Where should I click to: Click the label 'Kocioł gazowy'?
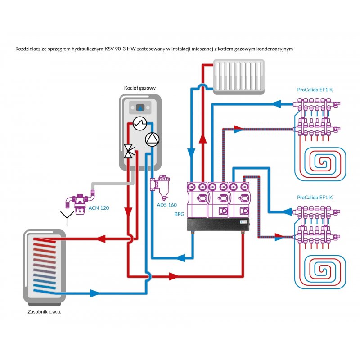(x=139, y=88)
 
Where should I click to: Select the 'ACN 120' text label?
(x=99, y=208)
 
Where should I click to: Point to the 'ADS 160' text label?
(x=166, y=205)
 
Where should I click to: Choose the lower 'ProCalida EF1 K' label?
(x=315, y=198)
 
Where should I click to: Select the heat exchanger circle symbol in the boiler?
(x=139, y=122)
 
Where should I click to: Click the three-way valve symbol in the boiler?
(x=130, y=151)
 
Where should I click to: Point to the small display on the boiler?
(x=141, y=108)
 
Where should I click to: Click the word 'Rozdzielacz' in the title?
(x=28, y=49)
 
